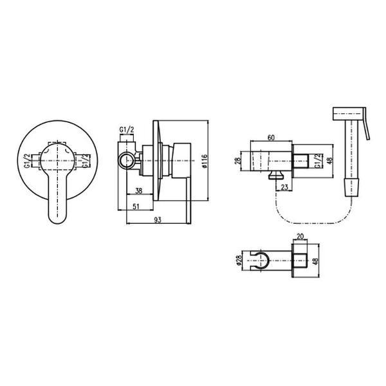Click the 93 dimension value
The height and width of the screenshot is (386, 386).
[x=158, y=219]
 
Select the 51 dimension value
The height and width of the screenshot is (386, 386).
[x=136, y=207]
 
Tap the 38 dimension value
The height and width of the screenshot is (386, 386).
[x=139, y=190]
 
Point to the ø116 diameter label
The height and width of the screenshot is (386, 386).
[x=205, y=161]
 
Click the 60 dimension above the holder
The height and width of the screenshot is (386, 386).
[x=271, y=138]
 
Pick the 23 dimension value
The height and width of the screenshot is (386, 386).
[x=284, y=187]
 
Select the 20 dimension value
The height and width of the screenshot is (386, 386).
[x=300, y=236]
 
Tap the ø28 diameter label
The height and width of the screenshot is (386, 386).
[x=239, y=260]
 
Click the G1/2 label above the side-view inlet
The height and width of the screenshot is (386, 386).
[x=127, y=129]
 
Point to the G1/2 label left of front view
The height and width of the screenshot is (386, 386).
[x=27, y=161]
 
